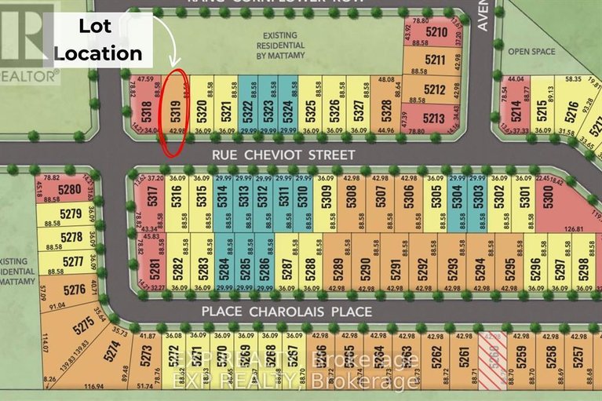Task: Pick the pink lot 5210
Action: (436, 33)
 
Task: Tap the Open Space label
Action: (531, 53)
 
